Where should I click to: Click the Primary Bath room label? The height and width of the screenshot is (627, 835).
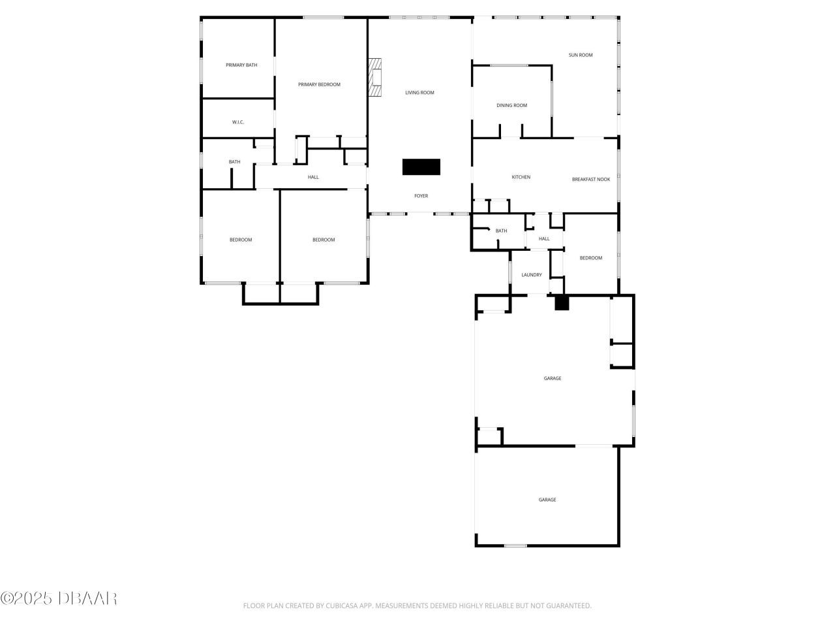pos(241,65)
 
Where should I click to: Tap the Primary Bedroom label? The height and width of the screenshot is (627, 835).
pos(319,85)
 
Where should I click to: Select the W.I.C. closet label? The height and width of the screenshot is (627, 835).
pos(238,122)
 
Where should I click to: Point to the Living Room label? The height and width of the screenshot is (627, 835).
pos(419,93)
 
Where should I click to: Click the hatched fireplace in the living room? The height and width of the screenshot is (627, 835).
pos(374,78)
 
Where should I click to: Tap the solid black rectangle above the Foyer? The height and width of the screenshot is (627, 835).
pos(421,167)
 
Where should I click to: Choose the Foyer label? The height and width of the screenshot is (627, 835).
pos(421,196)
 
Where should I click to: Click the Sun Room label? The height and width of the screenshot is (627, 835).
pos(581,56)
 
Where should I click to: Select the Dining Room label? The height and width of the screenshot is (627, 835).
pos(511,106)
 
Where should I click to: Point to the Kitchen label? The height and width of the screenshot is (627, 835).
pos(521,178)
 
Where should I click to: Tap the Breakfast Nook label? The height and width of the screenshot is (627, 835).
pos(591,180)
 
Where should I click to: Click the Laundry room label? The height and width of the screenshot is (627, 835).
pos(532,275)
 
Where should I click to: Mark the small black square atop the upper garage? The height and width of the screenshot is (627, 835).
pos(562,303)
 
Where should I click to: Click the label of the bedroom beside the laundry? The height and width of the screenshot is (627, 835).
pos(591,258)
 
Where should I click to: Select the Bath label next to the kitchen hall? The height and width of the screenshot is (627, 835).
pos(501,231)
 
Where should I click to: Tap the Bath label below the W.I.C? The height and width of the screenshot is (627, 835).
pos(234,162)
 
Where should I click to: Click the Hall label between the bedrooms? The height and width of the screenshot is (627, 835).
pos(313,178)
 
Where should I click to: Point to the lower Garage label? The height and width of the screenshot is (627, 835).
pos(547,500)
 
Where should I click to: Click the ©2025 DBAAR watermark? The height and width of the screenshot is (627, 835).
pos(59,598)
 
